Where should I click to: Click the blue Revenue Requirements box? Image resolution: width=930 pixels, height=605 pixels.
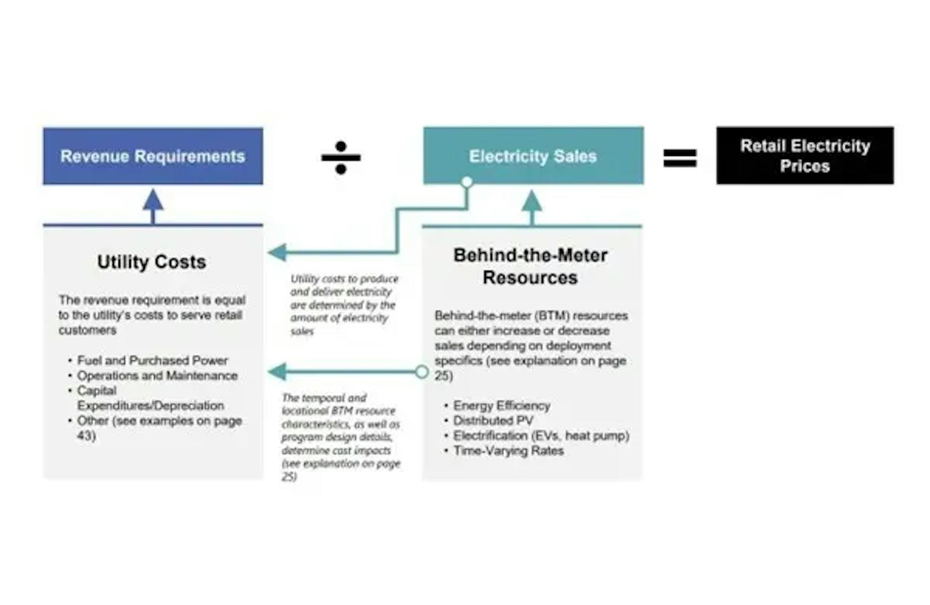pyautogui.click(x=153, y=156)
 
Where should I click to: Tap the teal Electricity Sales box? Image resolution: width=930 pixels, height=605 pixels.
pyautogui.click(x=533, y=156)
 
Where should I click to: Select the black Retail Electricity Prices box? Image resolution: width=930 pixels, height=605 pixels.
pyautogui.click(x=804, y=156)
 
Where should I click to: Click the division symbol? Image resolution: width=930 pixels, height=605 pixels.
pyautogui.click(x=341, y=158)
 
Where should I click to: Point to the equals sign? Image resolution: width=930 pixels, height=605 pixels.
pyautogui.click(x=680, y=158)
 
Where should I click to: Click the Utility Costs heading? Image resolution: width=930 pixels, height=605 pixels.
pyautogui.click(x=152, y=262)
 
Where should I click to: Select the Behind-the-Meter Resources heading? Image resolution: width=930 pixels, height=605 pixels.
pyautogui.click(x=531, y=266)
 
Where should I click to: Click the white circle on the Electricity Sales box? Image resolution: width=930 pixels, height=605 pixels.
pyautogui.click(x=467, y=181)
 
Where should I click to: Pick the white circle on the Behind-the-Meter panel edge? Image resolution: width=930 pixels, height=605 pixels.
pyautogui.click(x=422, y=372)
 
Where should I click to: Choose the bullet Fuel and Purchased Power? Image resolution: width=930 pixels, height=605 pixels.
pyautogui.click(x=152, y=360)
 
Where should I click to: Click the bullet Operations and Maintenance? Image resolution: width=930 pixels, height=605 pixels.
pyautogui.click(x=157, y=376)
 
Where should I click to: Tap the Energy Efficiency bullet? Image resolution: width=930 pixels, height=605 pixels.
pyautogui.click(x=501, y=406)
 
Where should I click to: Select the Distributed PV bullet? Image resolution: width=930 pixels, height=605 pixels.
pyautogui.click(x=493, y=421)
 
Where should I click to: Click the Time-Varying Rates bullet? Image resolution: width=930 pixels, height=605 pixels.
pyautogui.click(x=508, y=450)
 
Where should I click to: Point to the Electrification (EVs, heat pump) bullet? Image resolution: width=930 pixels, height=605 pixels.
pyautogui.click(x=541, y=436)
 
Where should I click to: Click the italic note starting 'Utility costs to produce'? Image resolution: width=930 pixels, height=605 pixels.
pyautogui.click(x=344, y=305)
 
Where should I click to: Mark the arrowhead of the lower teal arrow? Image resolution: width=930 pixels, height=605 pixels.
pyautogui.click(x=277, y=372)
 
